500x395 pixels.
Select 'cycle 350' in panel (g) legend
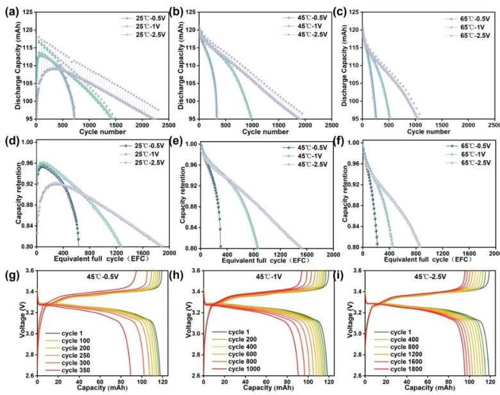[63, 371]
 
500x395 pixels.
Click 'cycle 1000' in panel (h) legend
[231, 371]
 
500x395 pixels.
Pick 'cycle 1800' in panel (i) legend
[396, 371]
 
